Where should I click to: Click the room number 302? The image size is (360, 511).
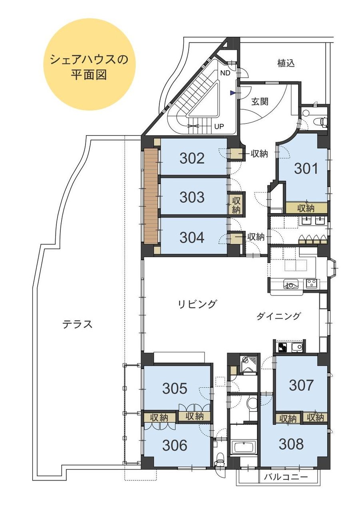click(x=192, y=158)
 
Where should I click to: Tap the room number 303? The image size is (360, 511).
click(x=192, y=197)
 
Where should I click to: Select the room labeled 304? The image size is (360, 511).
click(x=192, y=238)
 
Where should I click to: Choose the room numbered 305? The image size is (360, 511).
click(x=175, y=388)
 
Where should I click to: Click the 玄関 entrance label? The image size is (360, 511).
click(x=260, y=101)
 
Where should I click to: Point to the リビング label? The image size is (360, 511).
click(x=197, y=304)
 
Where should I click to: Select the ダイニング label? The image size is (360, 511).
click(x=278, y=316)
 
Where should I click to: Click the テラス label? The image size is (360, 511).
click(x=78, y=324)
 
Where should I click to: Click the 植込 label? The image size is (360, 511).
click(x=286, y=63)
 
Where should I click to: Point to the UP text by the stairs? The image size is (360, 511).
click(x=219, y=126)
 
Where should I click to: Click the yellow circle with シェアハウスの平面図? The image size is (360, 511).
click(x=90, y=67)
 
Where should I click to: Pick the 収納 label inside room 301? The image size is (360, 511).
click(x=306, y=208)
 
